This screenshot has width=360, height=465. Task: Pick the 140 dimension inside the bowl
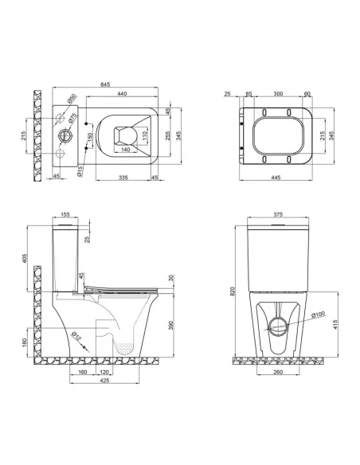coord(125,149)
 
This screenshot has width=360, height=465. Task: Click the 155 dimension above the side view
coord(65,215)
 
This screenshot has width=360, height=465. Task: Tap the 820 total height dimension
coord(233,291)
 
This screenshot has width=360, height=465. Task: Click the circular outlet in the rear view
coord(276,326)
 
